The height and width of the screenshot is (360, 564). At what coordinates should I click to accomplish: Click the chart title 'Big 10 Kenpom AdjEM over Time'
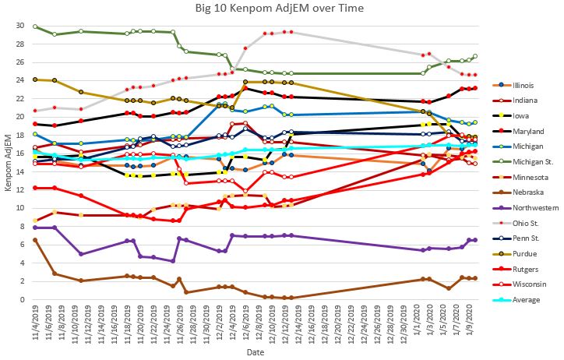pyautogui.click(x=283, y=9)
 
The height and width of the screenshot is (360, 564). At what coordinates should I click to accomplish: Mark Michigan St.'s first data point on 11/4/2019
pyautogui.click(x=35, y=26)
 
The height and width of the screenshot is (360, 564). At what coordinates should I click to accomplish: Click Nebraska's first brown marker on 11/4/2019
pyautogui.click(x=35, y=240)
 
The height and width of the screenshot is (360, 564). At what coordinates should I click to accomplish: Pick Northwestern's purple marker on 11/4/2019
pyautogui.click(x=35, y=228)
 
